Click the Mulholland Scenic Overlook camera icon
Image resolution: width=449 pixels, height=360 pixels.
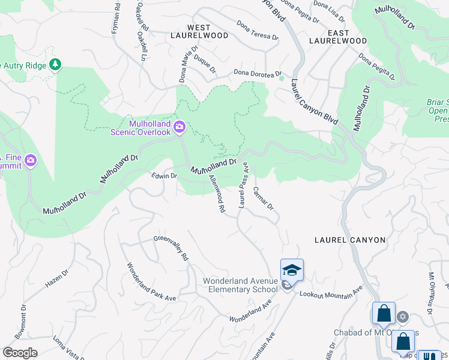pos(179,127)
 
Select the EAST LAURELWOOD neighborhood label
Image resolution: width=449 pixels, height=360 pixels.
pos(337,36)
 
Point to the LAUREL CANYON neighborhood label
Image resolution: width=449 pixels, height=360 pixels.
pos(350,240)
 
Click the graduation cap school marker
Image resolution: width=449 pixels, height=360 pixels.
pos(292,271)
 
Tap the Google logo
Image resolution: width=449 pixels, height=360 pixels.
pos(20,352)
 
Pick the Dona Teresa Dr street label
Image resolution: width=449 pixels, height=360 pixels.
pos(258,31)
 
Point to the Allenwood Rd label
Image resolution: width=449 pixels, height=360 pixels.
pos(216,194)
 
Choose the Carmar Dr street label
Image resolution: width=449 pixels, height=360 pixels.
pos(263,199)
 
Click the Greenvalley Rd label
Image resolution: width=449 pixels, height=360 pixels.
pos(171,248)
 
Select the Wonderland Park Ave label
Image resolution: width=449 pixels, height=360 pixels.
pos(151,282)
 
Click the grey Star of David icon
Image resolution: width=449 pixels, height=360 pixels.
pos(403,316)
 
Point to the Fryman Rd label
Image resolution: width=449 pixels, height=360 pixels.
pos(116,18)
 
